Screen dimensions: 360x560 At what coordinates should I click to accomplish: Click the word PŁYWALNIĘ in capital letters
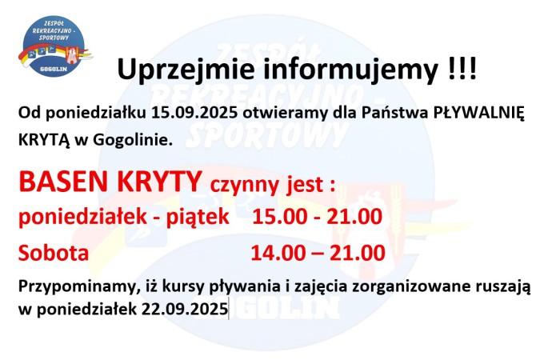pyautogui.click(x=480, y=114)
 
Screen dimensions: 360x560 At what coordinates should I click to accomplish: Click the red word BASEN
pyautogui.click(x=63, y=183)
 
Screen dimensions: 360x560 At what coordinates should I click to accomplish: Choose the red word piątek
pyautogui.click(x=197, y=218)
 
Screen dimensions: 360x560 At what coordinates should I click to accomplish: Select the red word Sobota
pyautogui.click(x=54, y=254)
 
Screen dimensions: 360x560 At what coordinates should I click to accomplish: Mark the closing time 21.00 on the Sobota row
pyautogui.click(x=357, y=254)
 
